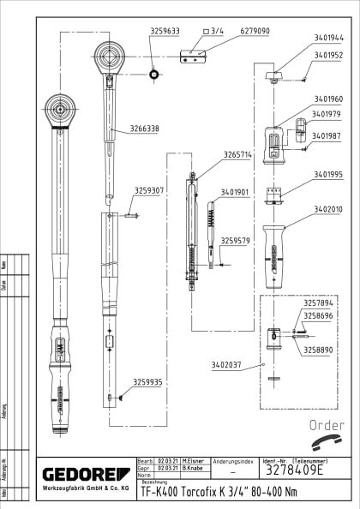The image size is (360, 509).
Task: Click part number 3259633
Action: pos(165,31)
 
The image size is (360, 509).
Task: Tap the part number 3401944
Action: pos(327,38)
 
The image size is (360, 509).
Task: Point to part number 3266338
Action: pos(143,129)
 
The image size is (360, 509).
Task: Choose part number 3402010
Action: pos(327,208)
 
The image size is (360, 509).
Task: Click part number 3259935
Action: pos(147,382)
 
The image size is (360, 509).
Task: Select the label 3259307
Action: pos(149,190)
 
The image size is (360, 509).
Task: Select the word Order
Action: pos(325,425)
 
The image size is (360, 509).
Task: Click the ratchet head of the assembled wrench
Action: pos(60,110)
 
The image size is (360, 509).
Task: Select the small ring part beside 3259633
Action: pos(153,74)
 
